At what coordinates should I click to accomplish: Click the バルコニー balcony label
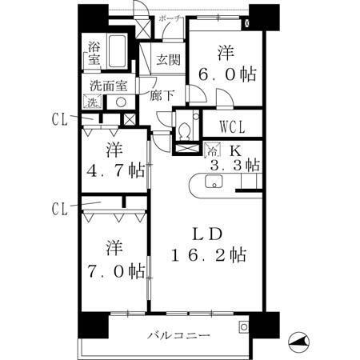tap(179, 335)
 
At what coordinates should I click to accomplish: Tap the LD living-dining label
tap(208, 234)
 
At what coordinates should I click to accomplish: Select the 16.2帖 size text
tap(209, 255)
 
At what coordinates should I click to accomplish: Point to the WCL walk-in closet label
tap(233, 127)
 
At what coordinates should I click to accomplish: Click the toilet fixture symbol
tap(184, 131)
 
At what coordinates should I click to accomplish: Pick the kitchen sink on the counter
tap(214, 182)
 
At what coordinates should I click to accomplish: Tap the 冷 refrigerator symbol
tap(213, 150)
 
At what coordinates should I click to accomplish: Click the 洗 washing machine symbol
tap(92, 102)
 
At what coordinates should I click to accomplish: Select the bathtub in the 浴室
tap(117, 51)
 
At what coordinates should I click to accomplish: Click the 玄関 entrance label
tap(168, 59)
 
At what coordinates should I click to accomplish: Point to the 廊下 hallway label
tap(162, 95)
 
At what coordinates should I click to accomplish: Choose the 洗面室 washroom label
tap(109, 86)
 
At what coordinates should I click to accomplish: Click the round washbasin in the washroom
tap(121, 102)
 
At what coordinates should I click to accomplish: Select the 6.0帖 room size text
tap(227, 74)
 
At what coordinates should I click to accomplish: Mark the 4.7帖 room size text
tap(116, 170)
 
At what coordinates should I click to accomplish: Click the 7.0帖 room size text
tap(116, 271)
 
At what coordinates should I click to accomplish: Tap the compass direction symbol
tap(299, 342)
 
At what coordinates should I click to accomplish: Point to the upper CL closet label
tap(60, 119)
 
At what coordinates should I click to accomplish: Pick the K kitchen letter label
tap(236, 151)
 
